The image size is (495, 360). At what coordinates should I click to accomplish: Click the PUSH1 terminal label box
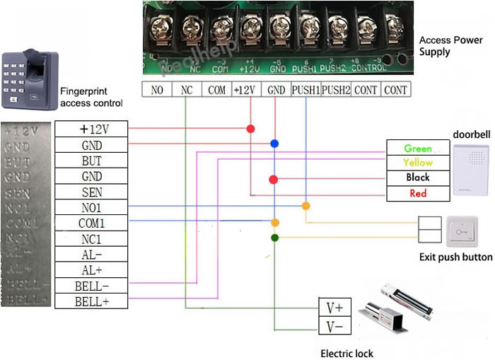coord(305,90)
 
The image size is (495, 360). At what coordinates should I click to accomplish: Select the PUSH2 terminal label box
coord(336,90)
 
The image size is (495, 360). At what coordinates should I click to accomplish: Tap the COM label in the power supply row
coord(216,90)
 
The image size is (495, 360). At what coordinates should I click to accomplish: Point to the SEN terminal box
coord(91,192)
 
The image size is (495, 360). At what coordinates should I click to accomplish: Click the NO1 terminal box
coord(91,207)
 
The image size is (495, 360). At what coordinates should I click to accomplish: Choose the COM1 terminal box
coord(91,223)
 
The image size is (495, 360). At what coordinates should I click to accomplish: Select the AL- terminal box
coord(91,255)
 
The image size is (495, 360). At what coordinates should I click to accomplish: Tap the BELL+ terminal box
coord(91,302)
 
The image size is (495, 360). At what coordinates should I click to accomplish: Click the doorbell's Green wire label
coord(418,149)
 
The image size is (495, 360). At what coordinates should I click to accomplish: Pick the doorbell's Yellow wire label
coord(418,163)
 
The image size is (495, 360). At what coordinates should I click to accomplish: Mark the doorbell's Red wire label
coord(418,192)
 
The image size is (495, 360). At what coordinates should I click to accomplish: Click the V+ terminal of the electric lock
coord(334,308)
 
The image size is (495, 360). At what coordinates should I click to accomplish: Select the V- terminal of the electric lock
coord(334,326)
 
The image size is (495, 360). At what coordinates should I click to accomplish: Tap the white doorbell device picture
coord(470,170)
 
